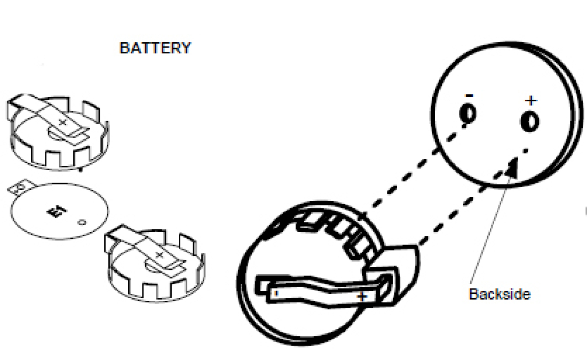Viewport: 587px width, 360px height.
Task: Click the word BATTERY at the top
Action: pos(155,48)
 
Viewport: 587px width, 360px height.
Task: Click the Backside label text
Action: pos(499,294)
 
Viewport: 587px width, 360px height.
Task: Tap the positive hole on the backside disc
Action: pos(530,121)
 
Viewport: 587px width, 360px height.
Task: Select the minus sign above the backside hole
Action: pos(468,95)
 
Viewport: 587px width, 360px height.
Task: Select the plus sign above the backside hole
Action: pos(530,100)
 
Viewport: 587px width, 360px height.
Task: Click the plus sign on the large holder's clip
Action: pos(362,296)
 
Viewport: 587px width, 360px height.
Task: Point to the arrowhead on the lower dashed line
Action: pos(512,168)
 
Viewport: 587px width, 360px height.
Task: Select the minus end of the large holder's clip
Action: pos(275,292)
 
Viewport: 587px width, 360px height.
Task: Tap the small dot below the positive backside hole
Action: pos(527,150)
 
